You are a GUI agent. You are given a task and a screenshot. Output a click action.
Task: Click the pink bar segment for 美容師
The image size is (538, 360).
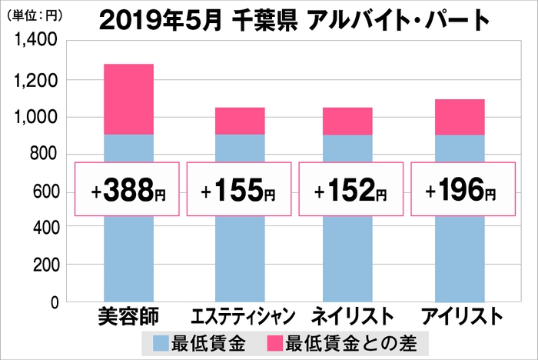pyautogui.click(x=128, y=99)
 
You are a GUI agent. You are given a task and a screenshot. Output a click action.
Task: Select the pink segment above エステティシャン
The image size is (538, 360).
pyautogui.click(x=239, y=121)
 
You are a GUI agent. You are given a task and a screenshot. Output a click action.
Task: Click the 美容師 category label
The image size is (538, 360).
pyautogui.click(x=128, y=315)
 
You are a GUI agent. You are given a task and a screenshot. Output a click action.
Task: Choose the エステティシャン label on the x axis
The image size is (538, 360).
pyautogui.click(x=239, y=316)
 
